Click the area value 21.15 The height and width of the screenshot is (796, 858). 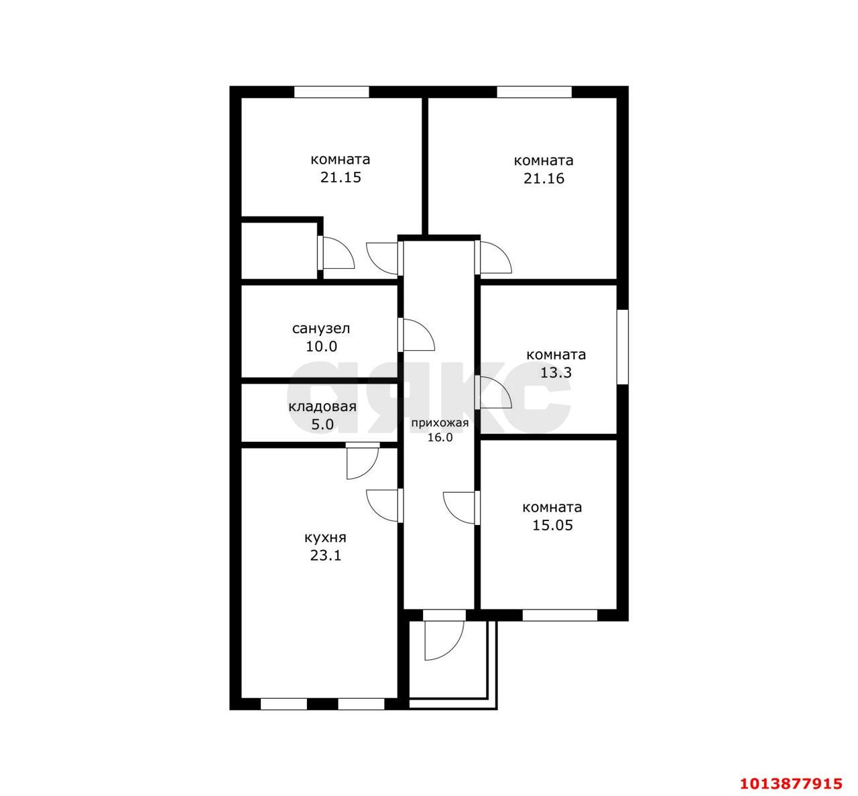click(341, 178)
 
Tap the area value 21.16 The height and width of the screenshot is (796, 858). click(544, 178)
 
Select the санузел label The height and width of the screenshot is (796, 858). click(321, 329)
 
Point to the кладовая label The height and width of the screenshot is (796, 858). click(322, 407)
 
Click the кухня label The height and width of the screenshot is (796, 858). click(325, 538)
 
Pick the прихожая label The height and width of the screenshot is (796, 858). click(440, 423)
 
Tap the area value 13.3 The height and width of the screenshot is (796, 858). click(556, 373)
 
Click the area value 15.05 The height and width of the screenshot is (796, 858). click(552, 525)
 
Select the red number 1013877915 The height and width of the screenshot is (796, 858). click(792, 783)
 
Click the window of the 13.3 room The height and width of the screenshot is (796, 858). click(622, 346)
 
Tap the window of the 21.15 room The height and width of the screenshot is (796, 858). click(332, 92)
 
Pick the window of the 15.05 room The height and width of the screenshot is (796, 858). click(560, 615)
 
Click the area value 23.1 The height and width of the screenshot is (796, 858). click(325, 556)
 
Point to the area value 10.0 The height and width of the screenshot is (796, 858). click(321, 347)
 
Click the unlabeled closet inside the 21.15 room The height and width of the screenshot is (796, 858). click(279, 251)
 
